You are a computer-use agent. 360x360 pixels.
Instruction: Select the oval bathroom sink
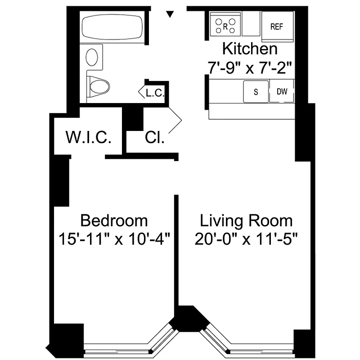pos(93,57)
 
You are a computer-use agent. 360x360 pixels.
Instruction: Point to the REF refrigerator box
pos(277,26)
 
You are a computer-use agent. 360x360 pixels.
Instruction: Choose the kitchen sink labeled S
pos(256,92)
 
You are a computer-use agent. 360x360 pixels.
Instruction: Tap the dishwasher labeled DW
pos(282,92)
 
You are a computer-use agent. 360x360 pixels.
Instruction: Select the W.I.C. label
pos(88,137)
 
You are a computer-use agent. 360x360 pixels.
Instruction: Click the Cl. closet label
pos(154,137)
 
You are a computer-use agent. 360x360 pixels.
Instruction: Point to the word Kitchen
pos(250,49)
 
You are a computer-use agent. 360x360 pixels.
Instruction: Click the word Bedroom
pos(113,220)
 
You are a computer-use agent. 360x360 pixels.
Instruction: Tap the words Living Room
pos(246,220)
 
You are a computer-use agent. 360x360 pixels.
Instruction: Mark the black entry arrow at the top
pos(170,14)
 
